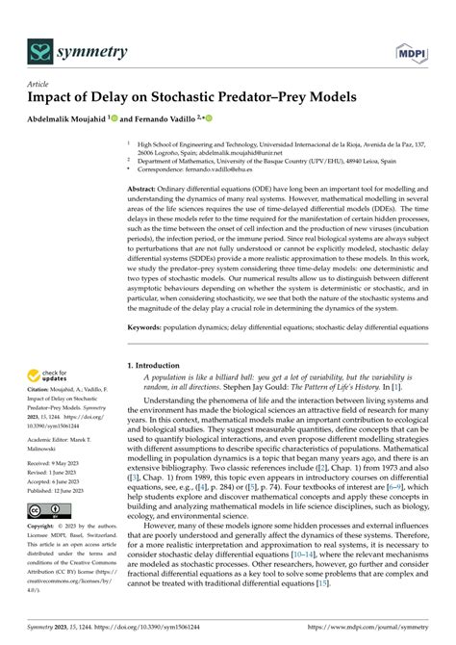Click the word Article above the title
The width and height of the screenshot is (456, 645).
38,84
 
